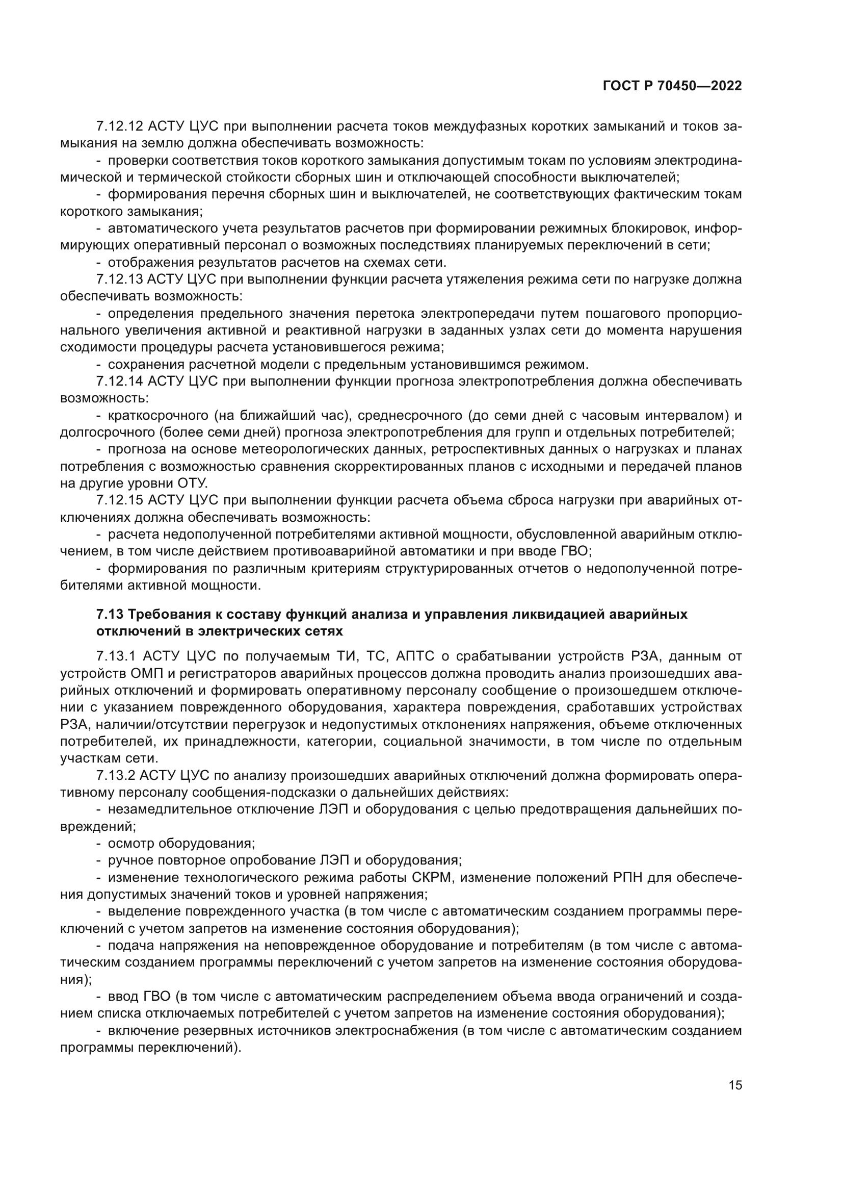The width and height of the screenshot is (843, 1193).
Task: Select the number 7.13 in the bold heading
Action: point(110,615)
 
